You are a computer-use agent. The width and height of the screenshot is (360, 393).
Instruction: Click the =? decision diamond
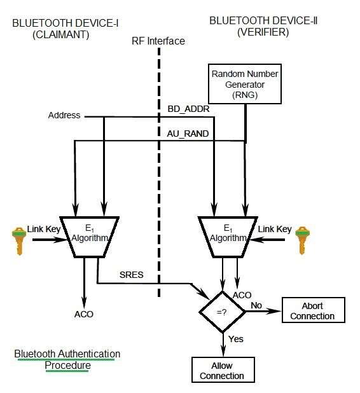point(223,312)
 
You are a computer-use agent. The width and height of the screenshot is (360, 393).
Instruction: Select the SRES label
point(132,274)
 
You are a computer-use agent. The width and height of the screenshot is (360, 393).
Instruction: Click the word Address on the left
point(64,115)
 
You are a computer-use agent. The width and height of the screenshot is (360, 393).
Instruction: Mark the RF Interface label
point(159,41)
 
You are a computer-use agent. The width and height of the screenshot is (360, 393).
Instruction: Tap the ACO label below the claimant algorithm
point(83,314)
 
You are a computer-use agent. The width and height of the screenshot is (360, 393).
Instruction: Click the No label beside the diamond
point(256,305)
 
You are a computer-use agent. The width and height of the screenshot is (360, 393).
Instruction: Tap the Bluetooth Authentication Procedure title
point(67,359)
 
